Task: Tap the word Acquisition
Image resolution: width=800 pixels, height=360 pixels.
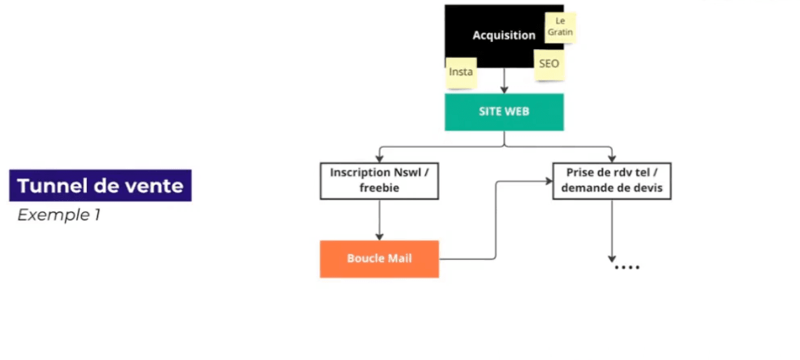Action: point(504,35)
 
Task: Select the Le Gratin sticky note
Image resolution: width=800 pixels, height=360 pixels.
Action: point(560,27)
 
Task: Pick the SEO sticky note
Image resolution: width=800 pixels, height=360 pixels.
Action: point(549,64)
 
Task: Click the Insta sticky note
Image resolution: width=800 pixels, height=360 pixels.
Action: point(460,72)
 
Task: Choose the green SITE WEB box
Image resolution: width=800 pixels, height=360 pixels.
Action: point(504,112)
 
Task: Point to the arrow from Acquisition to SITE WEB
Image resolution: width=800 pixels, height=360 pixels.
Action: point(504,81)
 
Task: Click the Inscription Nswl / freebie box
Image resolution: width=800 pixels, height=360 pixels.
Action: point(379,181)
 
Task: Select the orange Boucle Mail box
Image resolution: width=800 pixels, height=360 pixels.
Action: point(379,258)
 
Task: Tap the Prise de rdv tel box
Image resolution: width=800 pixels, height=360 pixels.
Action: point(612,181)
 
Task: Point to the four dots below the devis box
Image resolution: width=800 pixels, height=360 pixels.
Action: point(626,268)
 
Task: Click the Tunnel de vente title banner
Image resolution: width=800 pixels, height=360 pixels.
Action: point(100,186)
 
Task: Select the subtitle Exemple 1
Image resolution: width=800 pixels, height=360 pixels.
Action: point(59,215)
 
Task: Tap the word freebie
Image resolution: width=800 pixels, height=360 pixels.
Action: point(379,188)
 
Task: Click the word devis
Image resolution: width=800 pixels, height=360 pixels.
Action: point(648,188)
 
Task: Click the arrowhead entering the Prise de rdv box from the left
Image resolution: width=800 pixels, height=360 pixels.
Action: point(549,181)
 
